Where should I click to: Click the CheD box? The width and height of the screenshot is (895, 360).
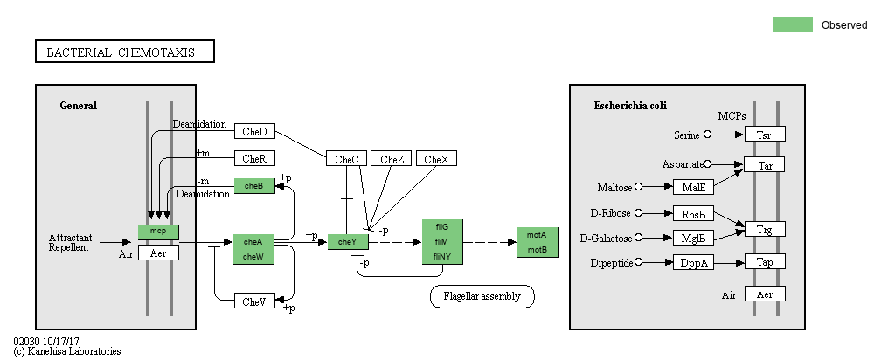254,131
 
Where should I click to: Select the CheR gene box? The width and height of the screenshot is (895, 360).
254,158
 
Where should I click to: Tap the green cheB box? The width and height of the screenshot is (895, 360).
254,185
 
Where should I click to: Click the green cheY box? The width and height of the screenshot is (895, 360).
348,242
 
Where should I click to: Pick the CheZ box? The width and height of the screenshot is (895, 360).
392,159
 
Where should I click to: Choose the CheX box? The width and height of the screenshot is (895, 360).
436,159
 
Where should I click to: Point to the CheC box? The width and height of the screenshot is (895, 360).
347,159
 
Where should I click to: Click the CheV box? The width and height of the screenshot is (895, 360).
254,301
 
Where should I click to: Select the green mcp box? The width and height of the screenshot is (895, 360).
158,232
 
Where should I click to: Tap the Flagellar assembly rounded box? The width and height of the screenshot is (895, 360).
482,296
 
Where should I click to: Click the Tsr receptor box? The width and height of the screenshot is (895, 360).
764,134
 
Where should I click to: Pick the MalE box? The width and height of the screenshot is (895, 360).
693,187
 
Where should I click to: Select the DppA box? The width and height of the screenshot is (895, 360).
693,262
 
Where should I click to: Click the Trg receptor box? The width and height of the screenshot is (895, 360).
764,229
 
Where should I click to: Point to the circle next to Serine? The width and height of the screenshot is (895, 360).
708,135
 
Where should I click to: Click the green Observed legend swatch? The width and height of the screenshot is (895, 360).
792,24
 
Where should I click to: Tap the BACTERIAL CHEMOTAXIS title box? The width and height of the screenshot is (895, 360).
124,52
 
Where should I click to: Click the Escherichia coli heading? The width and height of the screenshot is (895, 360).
630,106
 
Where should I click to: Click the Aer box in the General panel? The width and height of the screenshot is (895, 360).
158,253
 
